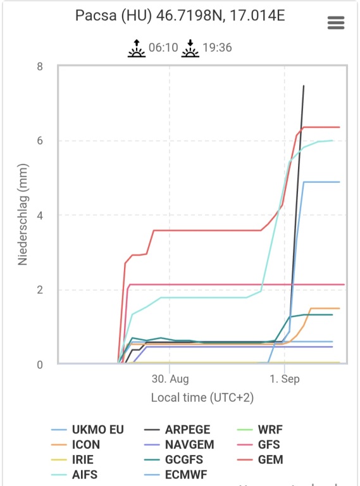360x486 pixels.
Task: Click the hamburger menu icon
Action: point(336,23)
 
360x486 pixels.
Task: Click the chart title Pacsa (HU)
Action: point(114,15)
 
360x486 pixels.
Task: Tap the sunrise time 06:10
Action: point(163,47)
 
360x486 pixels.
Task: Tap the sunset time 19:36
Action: point(217,47)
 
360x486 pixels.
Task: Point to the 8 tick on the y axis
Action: point(40,66)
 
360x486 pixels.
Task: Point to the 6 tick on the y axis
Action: point(40,140)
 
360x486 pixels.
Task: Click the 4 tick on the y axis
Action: point(40,215)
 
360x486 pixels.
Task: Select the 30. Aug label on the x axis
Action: point(170,379)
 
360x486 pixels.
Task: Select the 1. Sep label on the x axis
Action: point(285,379)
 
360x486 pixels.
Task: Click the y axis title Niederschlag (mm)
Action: point(23,215)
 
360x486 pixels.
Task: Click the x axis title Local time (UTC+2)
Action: point(202,397)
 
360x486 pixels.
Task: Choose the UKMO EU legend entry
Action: point(88,430)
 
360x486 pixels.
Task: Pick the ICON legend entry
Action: point(76,444)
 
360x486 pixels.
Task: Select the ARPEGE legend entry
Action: point(177,430)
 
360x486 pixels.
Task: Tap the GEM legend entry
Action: point(260,459)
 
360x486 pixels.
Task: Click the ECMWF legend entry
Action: point(176,475)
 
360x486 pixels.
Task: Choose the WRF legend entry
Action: point(260,430)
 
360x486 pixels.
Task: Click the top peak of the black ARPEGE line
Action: point(304,85)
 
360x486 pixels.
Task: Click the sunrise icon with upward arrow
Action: point(137,48)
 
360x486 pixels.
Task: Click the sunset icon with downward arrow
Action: point(190,48)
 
